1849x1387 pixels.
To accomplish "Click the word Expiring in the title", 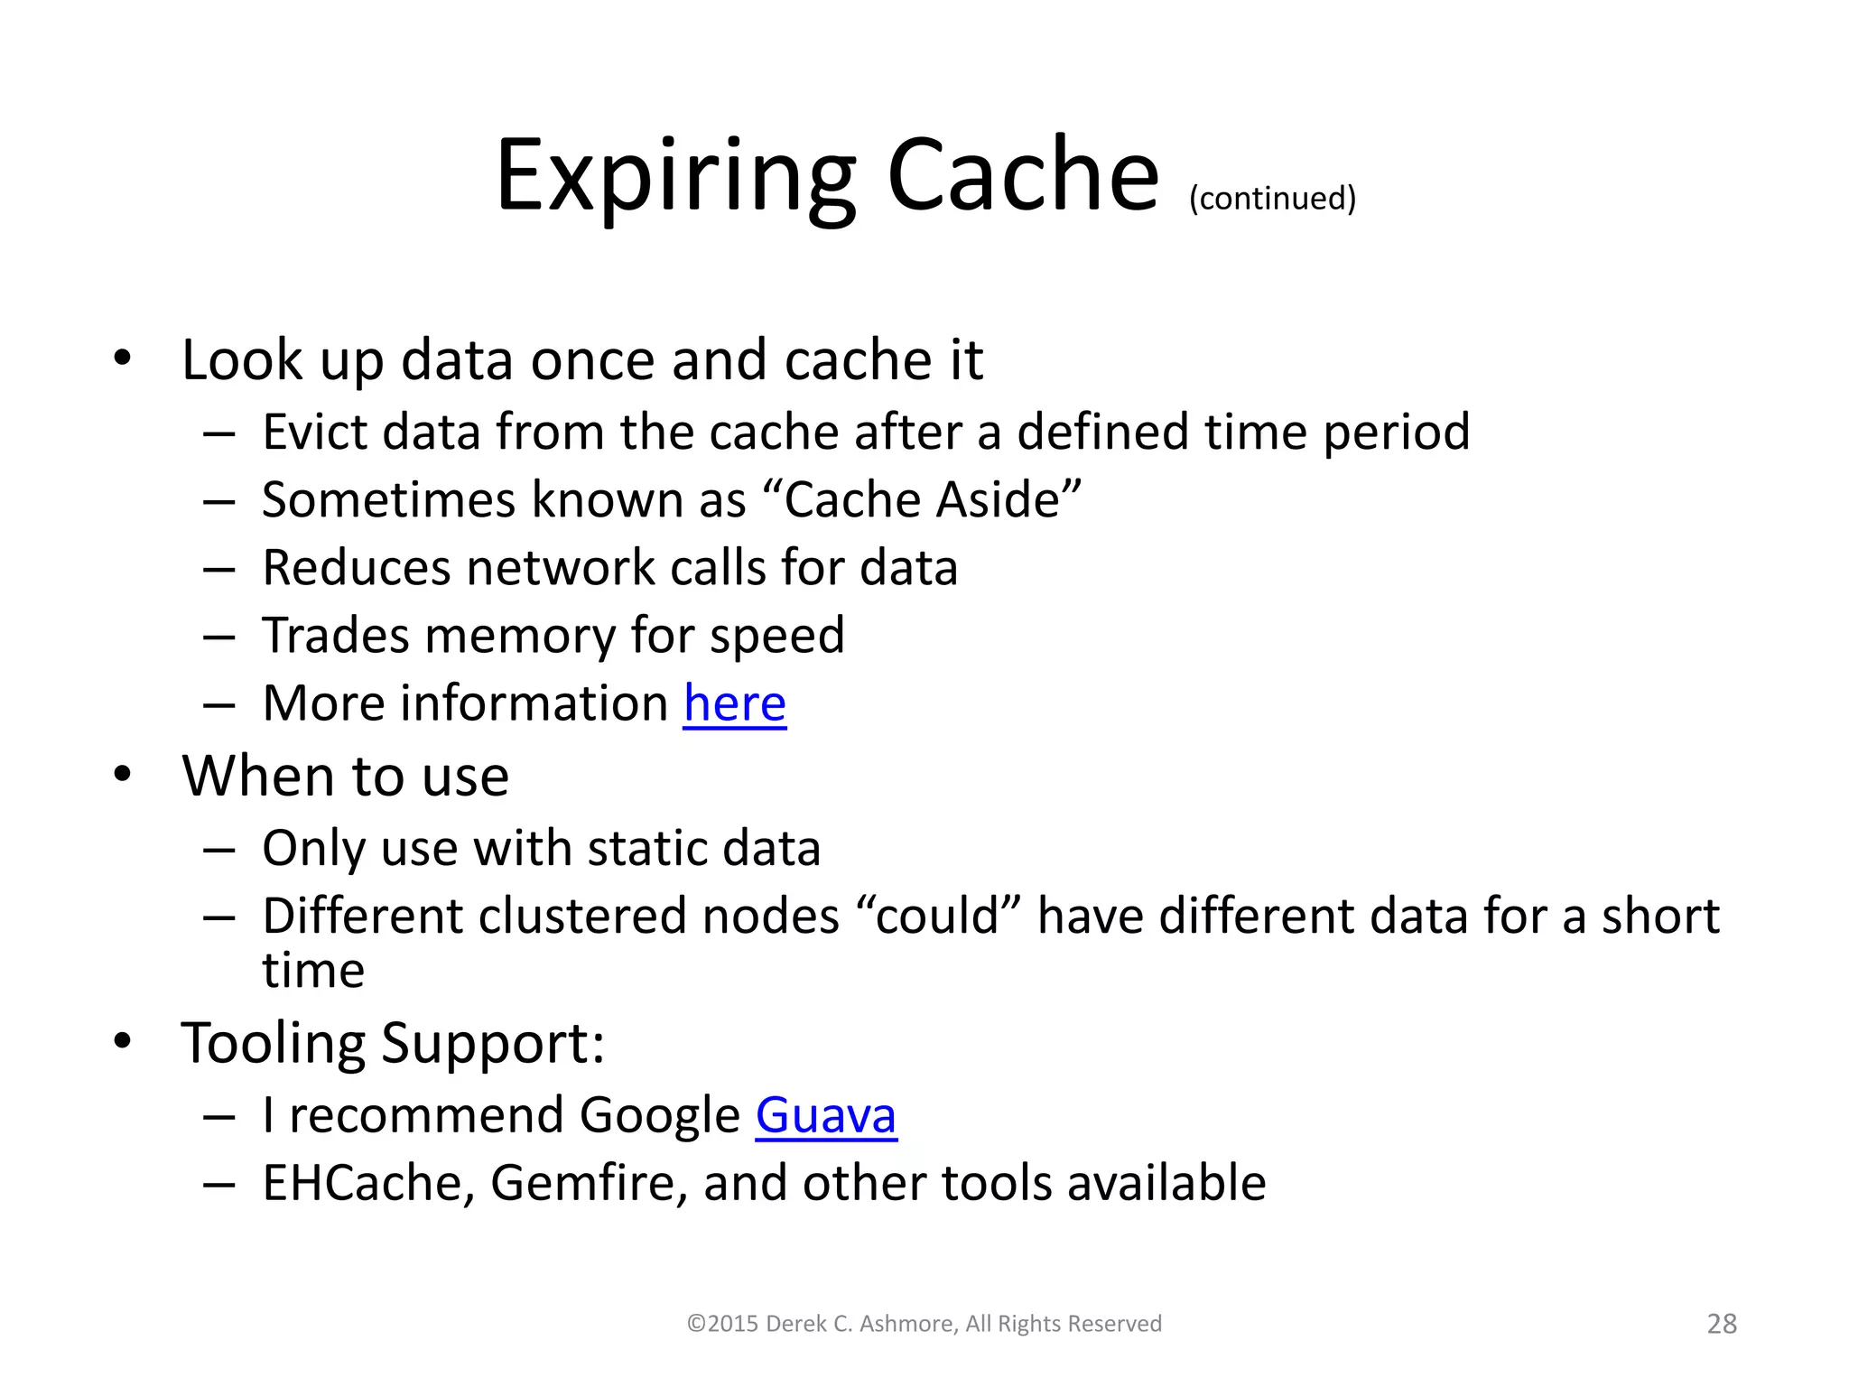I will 674,176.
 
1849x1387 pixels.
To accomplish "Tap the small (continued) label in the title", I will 1272,198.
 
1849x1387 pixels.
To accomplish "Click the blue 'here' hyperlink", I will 734,703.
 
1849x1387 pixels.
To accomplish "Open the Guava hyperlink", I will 825,1115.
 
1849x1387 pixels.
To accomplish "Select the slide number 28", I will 1722,1324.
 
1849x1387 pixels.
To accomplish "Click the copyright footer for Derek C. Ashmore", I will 924,1324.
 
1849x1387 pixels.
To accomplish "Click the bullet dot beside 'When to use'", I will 123,775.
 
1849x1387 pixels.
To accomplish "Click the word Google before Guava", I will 659,1115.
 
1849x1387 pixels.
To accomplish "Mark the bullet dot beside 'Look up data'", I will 123,358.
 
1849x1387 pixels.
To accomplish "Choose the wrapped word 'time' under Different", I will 313,971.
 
